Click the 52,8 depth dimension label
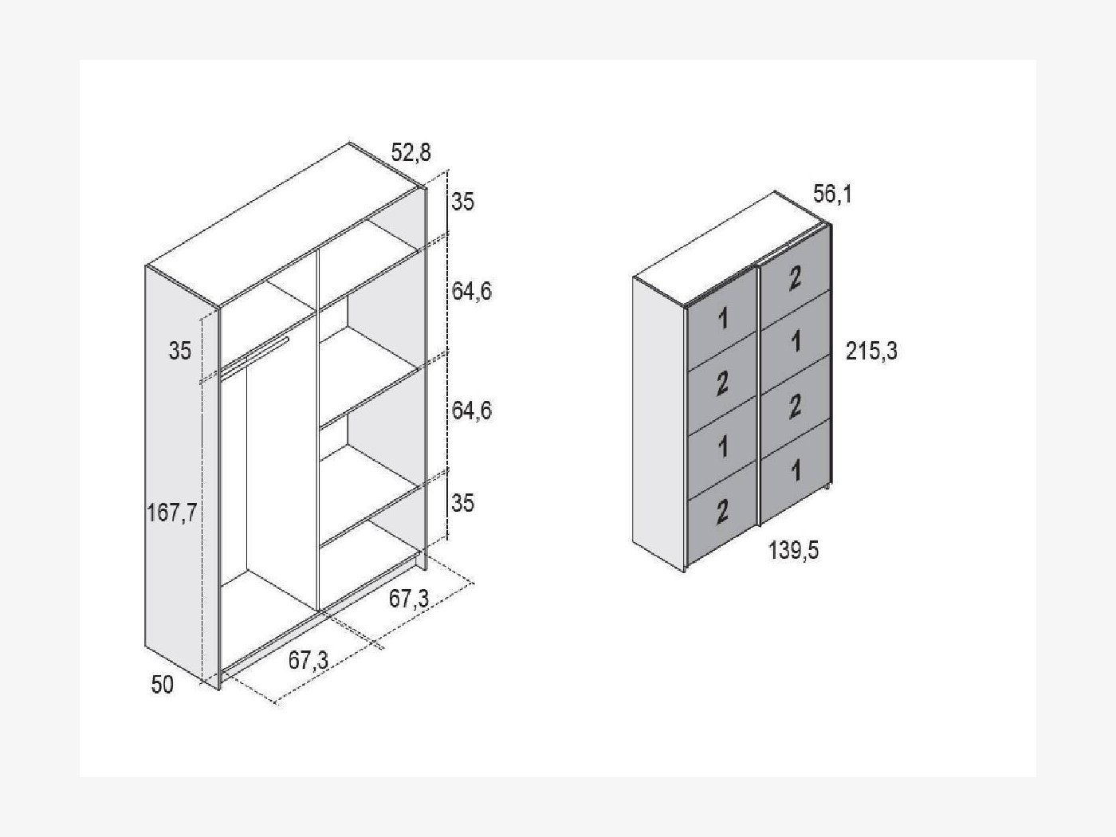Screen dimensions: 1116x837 [x=411, y=152]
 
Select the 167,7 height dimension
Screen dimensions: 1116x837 [x=171, y=513]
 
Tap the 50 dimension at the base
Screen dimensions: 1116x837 [x=162, y=685]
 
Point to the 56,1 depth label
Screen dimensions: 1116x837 [x=832, y=195]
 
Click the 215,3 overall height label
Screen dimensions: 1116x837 [x=871, y=351]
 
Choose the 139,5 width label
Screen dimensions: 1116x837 [x=793, y=550]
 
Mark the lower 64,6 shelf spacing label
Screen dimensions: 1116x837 [x=472, y=410]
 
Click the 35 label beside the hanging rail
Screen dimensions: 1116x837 [x=180, y=351]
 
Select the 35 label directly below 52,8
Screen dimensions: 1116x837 [x=462, y=202]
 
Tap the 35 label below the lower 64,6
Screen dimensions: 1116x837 [x=462, y=503]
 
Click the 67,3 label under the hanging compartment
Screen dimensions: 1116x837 [x=308, y=661]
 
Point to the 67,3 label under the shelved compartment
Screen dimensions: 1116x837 [x=409, y=599]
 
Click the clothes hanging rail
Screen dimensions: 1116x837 [x=254, y=356]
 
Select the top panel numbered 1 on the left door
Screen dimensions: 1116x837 [x=721, y=320]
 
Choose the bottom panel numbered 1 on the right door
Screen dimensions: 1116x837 [x=796, y=470]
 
